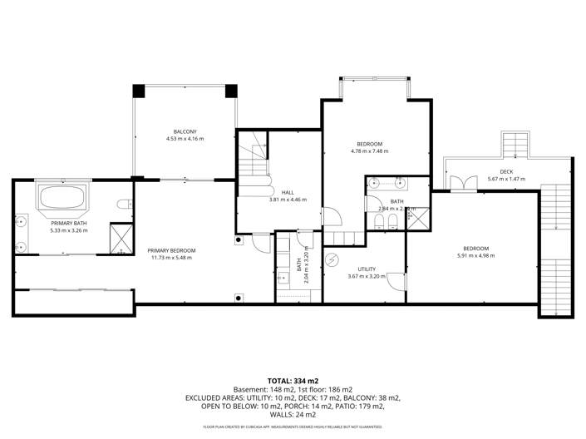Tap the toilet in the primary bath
[124, 205]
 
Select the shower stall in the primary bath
[121, 239]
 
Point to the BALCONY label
[185, 132]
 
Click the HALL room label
[288, 192]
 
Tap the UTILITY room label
[367, 269]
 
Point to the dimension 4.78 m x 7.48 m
[369, 151]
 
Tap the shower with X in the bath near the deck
[419, 219]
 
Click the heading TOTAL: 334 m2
[293, 380]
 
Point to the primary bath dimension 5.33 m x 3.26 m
[68, 230]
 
